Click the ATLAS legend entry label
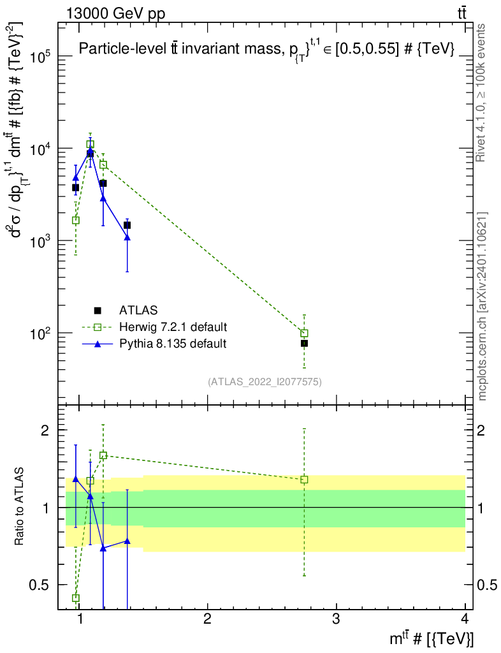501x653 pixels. [138, 311]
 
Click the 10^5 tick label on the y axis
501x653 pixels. [40, 56]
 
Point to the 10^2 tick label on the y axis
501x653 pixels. [40, 333]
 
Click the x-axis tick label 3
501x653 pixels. [336, 619]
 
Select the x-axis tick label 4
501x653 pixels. [465, 619]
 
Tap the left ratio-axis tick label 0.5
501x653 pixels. [39, 585]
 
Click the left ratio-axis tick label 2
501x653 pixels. [45, 430]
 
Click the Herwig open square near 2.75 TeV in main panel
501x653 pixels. [304, 333]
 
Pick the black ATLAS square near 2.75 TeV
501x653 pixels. [304, 343]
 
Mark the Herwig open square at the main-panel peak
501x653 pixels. [91, 144]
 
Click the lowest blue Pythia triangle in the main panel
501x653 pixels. [127, 237]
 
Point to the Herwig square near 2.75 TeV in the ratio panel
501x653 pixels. [304, 480]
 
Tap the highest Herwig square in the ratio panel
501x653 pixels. [103, 455]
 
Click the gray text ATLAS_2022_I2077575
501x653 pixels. [265, 381]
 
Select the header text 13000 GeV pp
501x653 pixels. [115, 13]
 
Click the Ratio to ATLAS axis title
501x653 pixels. [18, 506]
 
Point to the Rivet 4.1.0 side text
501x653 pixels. [480, 92]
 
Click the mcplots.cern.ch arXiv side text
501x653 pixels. [482, 307]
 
